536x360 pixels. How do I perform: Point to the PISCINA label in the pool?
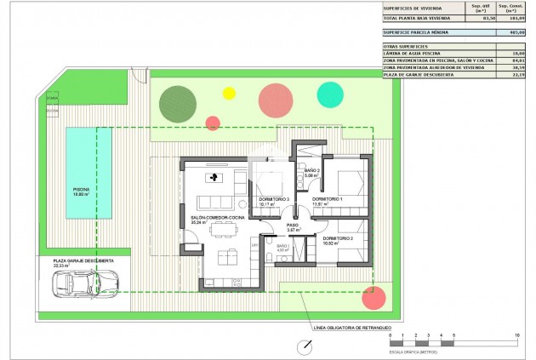click(81, 189)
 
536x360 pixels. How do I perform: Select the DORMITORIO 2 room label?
click(339, 238)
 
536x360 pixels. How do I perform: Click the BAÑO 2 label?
click(311, 170)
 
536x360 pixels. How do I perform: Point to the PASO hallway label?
click(293, 225)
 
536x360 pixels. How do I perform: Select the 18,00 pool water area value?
click(512, 53)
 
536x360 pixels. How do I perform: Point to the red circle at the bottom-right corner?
click(373, 297)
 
